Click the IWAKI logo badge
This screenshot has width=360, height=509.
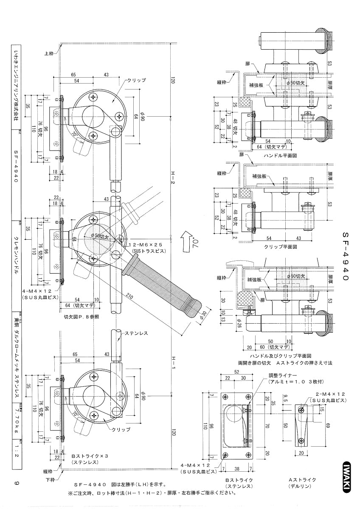(x=347, y=477)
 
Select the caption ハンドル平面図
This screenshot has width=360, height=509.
(x=280, y=156)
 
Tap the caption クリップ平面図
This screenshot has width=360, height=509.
(x=280, y=246)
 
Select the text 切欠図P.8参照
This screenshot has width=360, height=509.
(x=82, y=316)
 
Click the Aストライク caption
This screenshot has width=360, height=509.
(x=302, y=480)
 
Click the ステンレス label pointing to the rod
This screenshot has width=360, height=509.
(x=136, y=333)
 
